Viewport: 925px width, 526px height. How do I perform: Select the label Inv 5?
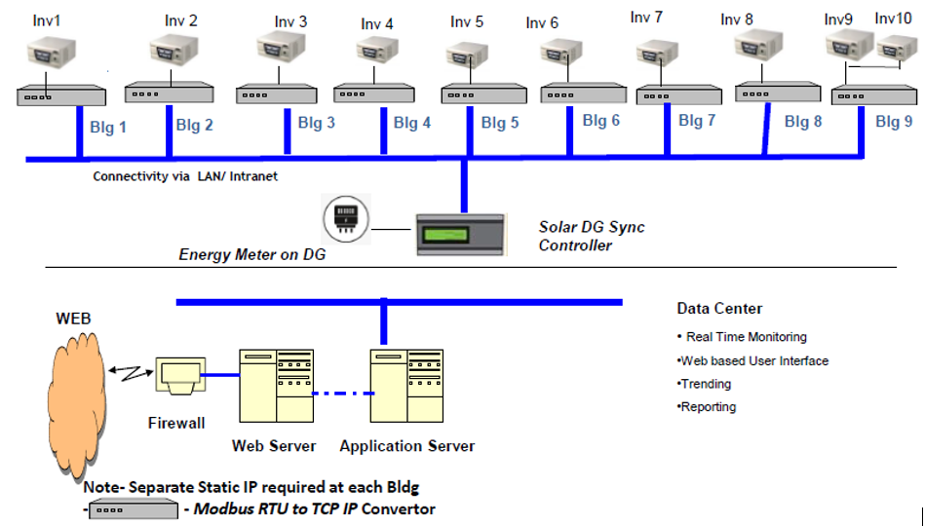[x=467, y=21]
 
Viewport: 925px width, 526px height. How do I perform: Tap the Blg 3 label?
[x=317, y=124]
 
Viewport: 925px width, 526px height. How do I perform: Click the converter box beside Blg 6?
[x=570, y=94]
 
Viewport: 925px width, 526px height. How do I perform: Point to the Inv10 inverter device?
[x=896, y=47]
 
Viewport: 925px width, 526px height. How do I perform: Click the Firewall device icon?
[x=179, y=376]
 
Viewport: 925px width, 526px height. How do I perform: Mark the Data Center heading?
[x=719, y=309]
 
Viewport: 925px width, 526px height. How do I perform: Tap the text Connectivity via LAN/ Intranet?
[x=185, y=176]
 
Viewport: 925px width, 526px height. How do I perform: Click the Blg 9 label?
[x=894, y=122]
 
